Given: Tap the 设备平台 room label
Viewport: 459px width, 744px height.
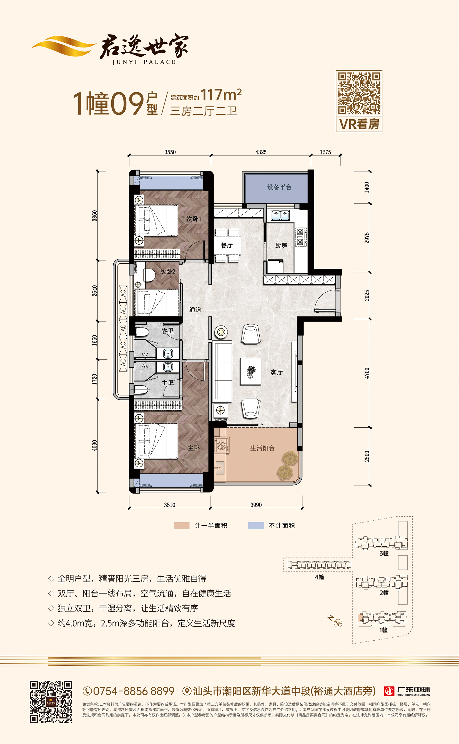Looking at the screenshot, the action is click(x=279, y=187).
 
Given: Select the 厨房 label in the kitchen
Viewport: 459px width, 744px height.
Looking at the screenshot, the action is click(x=281, y=245).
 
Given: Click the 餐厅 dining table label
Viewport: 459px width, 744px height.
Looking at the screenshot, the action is click(x=227, y=245).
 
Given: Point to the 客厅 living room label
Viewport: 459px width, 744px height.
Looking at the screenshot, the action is click(x=277, y=372).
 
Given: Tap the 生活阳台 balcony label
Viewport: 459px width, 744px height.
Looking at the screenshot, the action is click(x=262, y=448).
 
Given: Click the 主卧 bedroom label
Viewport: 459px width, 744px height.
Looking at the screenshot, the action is click(x=194, y=448).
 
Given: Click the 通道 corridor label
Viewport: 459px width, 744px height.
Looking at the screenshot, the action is click(x=195, y=310).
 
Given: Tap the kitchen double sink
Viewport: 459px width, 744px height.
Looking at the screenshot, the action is click(x=280, y=215).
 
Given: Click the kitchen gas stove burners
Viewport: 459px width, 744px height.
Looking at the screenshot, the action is click(x=300, y=237).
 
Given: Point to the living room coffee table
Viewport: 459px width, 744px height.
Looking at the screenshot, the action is click(x=251, y=372).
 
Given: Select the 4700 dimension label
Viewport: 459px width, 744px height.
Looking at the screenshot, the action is click(x=367, y=373).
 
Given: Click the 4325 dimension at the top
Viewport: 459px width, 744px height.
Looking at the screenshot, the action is click(x=261, y=152).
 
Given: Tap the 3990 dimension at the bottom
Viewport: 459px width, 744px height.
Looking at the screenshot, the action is click(x=256, y=505).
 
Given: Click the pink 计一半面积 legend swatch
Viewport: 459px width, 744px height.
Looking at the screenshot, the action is click(x=182, y=526).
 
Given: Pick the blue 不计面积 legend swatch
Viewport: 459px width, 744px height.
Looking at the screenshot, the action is click(x=256, y=526).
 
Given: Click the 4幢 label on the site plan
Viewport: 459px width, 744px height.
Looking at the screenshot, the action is click(x=319, y=577).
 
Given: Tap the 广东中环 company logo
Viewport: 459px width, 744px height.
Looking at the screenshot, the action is click(x=407, y=691).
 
